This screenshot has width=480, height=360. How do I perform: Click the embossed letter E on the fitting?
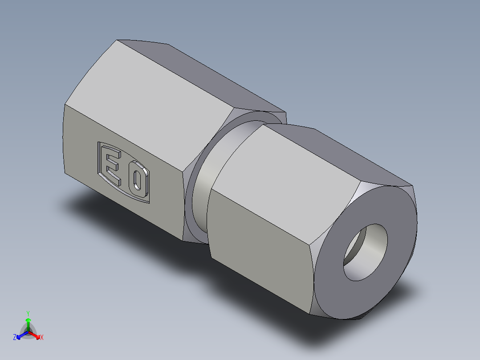point(113,168)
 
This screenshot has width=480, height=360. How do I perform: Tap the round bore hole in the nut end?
point(365,252)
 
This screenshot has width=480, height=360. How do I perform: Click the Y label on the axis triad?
point(28,313)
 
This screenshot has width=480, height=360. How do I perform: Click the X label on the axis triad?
point(42,338)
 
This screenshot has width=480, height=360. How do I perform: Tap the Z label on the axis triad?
point(14,338)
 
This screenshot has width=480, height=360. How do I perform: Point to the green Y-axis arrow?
point(28,323)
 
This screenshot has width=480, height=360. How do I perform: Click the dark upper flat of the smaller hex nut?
point(329,156)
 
